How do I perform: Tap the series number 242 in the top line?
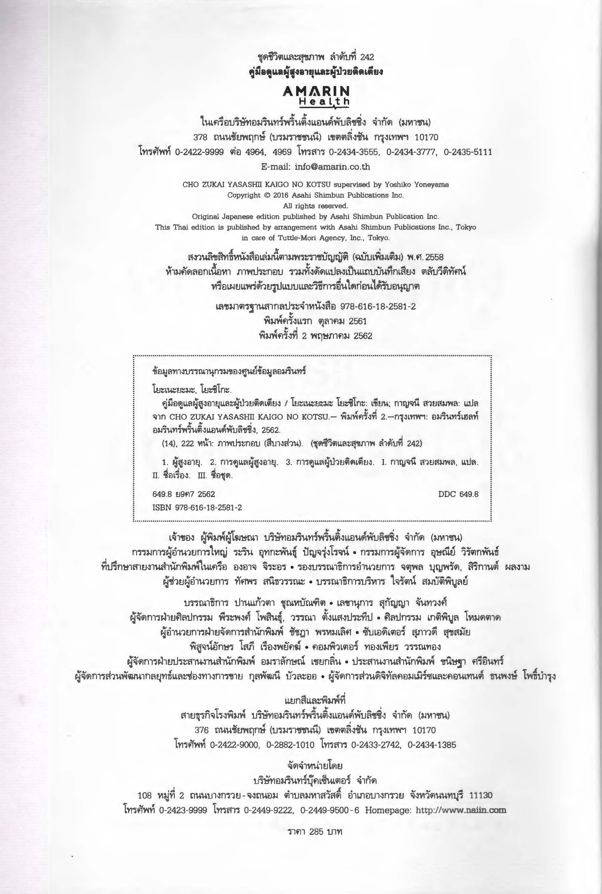coord(367,57)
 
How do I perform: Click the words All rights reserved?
coord(316,206)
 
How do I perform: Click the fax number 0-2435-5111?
coord(468,152)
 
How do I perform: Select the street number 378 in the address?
coord(200,137)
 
